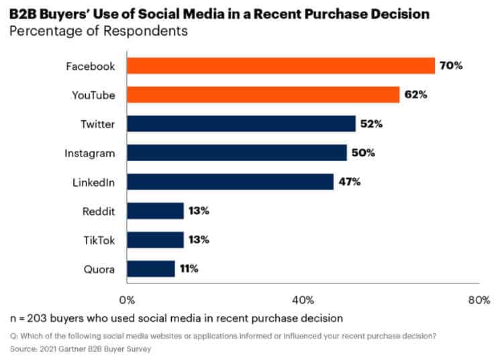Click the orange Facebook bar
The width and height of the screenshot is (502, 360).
coord(281,66)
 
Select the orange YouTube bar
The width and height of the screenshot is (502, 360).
coord(263,95)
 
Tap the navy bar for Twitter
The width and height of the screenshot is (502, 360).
coord(241,124)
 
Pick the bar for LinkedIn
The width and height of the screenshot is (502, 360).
coord(230,182)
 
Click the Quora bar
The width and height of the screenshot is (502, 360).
coord(150,269)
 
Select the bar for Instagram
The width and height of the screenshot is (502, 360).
coord(236,152)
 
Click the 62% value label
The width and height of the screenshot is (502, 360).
coord(417,95)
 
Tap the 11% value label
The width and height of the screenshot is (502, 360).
coord(187,269)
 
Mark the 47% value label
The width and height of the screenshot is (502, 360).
coord(349,182)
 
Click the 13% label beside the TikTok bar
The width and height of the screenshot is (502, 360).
coord(199,240)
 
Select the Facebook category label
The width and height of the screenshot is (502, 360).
coord(91,66)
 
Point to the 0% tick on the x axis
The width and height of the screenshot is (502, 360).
coord(126,300)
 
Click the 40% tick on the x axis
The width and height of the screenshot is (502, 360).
coord(302,300)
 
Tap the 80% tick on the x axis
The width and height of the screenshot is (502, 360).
coord(479,300)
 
